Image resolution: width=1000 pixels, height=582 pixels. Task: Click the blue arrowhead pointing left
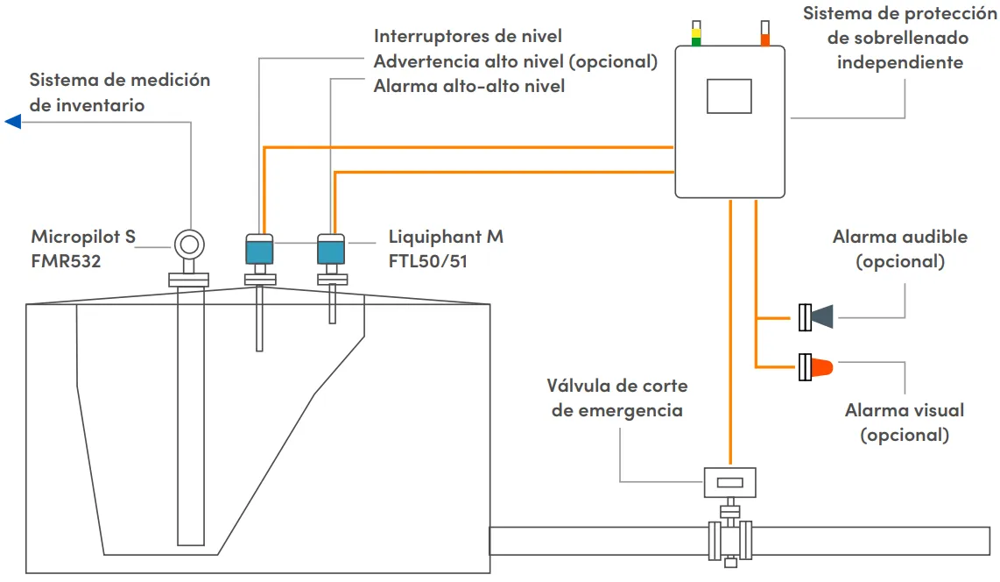(12, 121)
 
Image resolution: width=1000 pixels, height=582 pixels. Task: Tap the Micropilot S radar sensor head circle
(188, 243)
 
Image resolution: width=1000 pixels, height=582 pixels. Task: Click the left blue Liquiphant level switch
(259, 249)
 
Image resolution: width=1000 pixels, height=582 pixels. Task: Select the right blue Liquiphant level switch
(331, 249)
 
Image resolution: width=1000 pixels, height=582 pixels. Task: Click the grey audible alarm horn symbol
(820, 316)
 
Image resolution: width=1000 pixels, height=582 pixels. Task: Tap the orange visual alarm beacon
(820, 366)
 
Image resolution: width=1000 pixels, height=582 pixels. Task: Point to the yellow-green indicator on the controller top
(696, 35)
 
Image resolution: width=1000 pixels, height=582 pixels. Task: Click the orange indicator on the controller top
(764, 38)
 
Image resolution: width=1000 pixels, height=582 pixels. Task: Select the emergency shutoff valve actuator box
(729, 481)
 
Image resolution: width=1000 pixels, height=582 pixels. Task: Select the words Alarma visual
(904, 410)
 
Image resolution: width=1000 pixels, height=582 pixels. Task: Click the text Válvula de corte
(617, 386)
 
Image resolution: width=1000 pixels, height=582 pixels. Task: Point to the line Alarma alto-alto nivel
(468, 86)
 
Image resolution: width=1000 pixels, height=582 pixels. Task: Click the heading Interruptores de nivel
(468, 36)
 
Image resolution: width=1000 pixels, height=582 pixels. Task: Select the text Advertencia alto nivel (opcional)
(515, 61)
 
